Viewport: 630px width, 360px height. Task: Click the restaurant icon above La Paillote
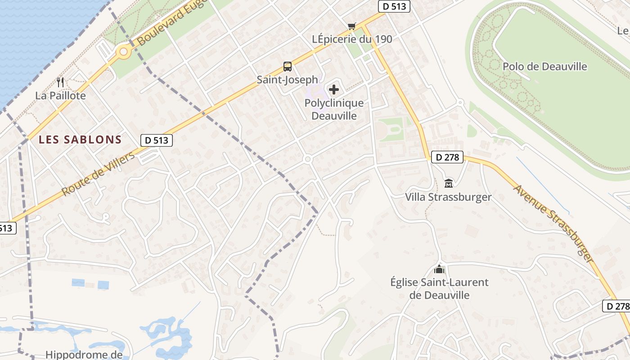(x=61, y=82)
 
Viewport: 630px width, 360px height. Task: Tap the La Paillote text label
(x=60, y=96)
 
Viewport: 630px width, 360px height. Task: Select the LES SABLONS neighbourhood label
(x=80, y=139)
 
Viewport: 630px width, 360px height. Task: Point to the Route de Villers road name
(x=98, y=174)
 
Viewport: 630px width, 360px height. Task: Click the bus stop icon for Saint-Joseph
(x=288, y=67)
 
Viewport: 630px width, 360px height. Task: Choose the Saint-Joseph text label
(x=287, y=80)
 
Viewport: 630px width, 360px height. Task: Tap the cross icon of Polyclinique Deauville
(x=334, y=90)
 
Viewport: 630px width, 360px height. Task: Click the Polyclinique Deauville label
(x=334, y=109)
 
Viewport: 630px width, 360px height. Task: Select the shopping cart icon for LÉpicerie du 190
(x=351, y=27)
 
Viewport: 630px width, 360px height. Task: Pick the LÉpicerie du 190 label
(x=352, y=39)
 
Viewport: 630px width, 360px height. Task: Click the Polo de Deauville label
(x=544, y=67)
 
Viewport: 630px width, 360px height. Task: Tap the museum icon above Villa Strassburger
(x=449, y=184)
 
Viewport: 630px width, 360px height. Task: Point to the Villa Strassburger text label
(x=448, y=197)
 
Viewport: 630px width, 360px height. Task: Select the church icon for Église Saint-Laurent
(x=439, y=269)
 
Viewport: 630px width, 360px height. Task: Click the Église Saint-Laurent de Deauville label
(x=439, y=289)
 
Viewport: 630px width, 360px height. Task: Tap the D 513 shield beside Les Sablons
(x=157, y=140)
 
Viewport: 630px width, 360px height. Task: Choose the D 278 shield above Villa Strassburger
(x=447, y=157)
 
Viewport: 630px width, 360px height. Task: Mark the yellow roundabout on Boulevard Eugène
(x=123, y=52)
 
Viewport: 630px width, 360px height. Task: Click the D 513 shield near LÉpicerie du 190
(x=393, y=6)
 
